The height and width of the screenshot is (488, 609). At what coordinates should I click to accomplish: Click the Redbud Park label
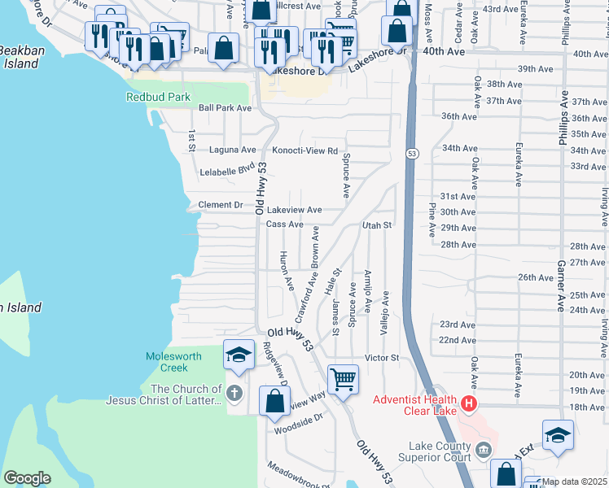click(158, 97)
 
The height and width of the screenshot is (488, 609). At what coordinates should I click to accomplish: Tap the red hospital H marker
click(468, 403)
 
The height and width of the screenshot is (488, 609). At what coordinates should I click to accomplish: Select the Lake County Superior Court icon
click(483, 450)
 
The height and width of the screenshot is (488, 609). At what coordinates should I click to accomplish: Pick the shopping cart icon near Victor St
click(343, 378)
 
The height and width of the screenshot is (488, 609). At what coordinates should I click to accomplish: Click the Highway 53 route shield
click(413, 153)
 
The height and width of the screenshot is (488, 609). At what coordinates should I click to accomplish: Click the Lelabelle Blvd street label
click(228, 172)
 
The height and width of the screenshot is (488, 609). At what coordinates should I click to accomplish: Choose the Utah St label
click(377, 224)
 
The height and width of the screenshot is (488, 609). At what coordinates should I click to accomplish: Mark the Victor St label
click(381, 357)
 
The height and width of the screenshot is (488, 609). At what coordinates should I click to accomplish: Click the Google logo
click(28, 478)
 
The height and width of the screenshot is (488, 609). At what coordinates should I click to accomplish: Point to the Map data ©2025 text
click(575, 481)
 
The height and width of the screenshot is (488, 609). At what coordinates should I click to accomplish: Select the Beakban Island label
click(19, 57)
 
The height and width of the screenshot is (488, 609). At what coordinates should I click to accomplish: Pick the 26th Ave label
click(536, 277)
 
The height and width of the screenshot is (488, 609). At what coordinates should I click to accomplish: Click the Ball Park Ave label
click(225, 107)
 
